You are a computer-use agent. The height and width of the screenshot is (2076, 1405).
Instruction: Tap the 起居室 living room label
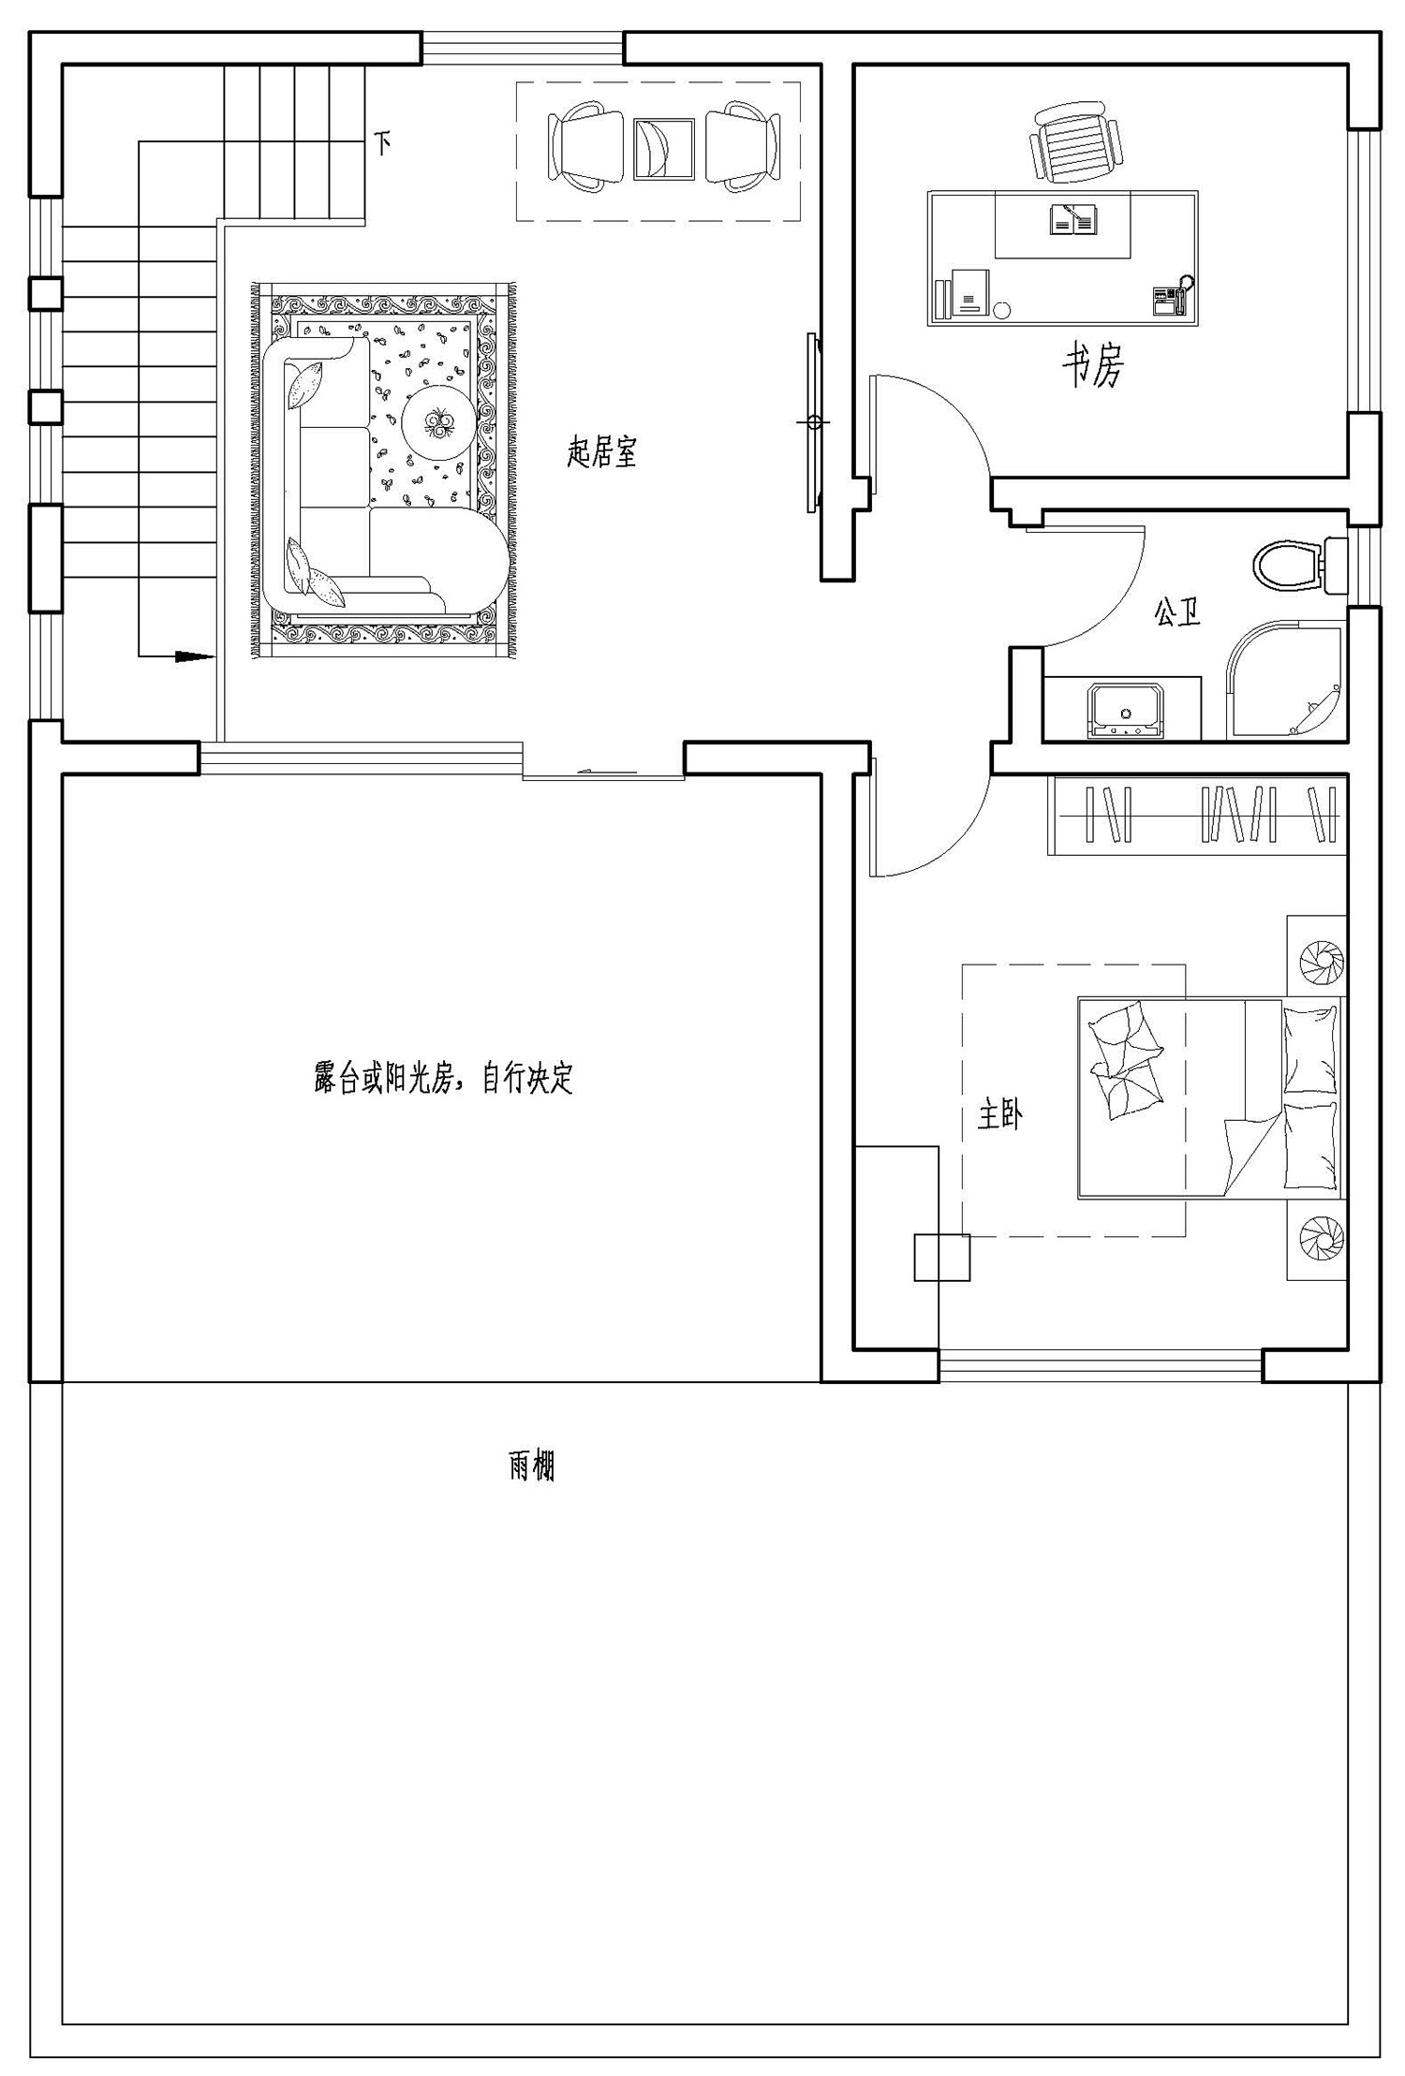pos(602,453)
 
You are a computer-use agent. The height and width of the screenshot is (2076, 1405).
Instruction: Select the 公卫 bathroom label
pos(1176,613)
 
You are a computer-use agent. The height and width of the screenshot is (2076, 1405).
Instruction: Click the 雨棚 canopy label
pos(532,1465)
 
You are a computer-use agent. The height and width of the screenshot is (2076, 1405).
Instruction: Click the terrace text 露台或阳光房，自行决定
pos(443,1079)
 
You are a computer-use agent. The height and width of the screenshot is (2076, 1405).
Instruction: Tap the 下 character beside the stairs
pos(382,142)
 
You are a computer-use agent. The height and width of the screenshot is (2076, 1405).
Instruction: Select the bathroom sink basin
pos(1125,711)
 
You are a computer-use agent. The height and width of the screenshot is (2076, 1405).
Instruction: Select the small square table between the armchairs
pos(663,148)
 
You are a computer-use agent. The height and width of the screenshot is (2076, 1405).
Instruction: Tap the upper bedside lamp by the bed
pos(1321,962)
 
